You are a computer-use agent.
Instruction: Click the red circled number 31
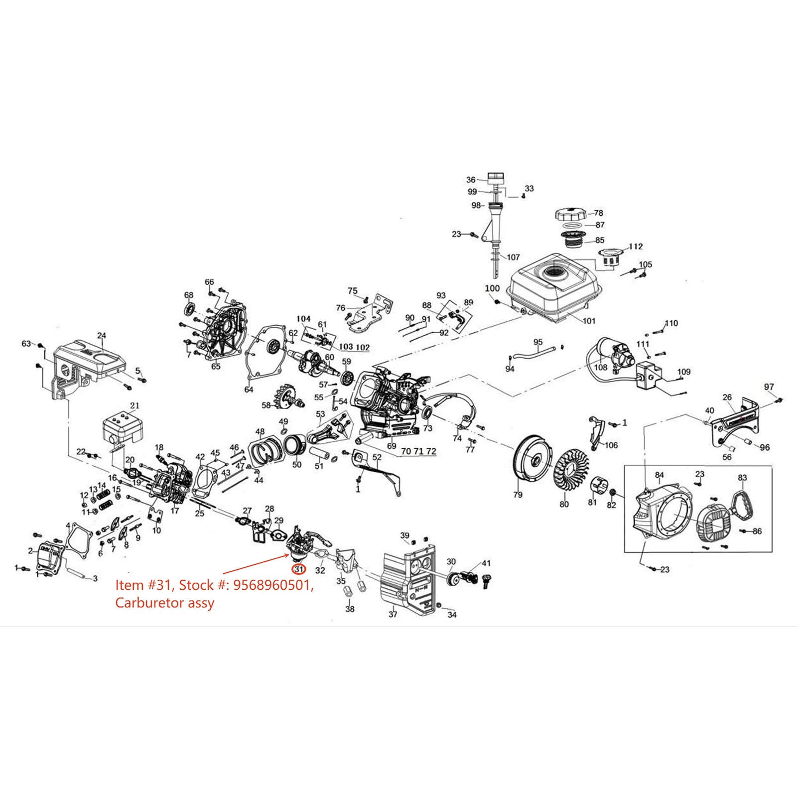pos(299,569)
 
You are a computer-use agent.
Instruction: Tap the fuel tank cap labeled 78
pos(569,215)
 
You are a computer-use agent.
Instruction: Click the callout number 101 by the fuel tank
pos(589,321)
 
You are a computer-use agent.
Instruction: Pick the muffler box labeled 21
pos(122,429)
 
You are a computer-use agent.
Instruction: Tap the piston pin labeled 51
pos(318,454)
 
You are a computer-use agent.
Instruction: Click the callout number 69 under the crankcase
pos(392,446)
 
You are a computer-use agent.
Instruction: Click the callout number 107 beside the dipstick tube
pos(513,258)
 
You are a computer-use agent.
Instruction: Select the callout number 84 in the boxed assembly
pos(659,475)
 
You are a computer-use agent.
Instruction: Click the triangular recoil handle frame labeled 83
pos(742,504)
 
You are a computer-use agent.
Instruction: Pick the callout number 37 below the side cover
pos(393,614)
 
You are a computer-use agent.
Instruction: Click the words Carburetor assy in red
pos(164,603)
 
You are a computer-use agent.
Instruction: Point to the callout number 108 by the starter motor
pos(601,368)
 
